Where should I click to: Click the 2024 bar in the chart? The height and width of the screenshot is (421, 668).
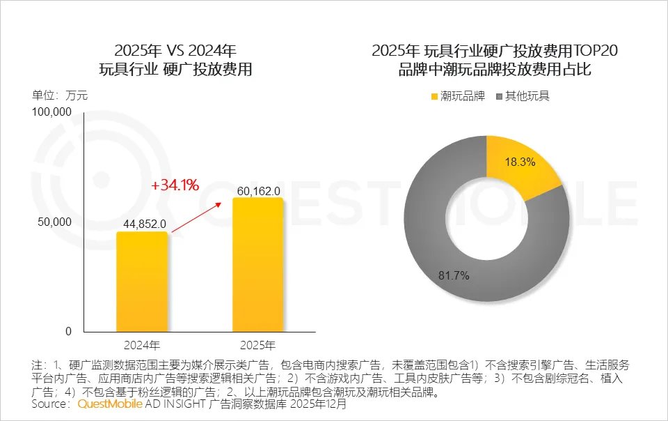point(142,282)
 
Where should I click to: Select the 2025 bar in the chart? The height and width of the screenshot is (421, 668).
point(257,265)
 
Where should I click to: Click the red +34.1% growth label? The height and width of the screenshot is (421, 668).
point(175,185)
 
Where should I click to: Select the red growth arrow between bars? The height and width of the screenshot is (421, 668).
point(197,216)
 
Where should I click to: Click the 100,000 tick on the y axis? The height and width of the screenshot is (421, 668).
point(52,112)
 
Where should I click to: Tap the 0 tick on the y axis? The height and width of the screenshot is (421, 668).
point(68,332)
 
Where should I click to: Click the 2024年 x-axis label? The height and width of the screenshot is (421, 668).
point(142,345)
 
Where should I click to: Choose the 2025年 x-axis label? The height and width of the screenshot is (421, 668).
point(257,345)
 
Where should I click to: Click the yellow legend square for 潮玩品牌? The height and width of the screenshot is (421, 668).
point(435,96)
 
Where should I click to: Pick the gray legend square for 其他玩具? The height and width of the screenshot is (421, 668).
point(500,96)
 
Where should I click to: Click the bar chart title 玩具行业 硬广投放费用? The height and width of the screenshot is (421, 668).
point(175,70)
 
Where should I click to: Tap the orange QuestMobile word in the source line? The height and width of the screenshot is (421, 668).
point(110,404)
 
